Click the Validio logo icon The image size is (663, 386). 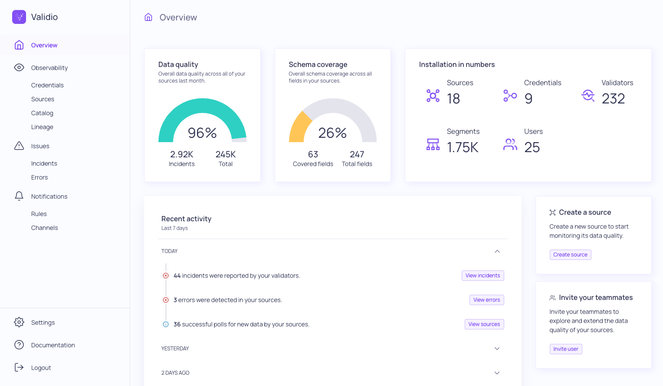(19, 17)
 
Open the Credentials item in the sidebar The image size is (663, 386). (47, 85)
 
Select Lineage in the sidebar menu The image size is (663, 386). (42, 127)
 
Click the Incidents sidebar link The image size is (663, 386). (44, 163)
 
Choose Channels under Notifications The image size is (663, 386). (44, 228)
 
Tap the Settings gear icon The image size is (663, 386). (19, 322)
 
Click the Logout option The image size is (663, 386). (41, 368)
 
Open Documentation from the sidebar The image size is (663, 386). (53, 345)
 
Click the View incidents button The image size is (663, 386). (482, 276)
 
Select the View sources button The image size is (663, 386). (484, 324)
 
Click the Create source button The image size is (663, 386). (570, 255)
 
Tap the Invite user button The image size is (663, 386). (565, 349)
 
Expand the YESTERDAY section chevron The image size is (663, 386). (497, 349)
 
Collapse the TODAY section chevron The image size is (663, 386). (497, 251)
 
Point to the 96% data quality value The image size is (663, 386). (202, 133)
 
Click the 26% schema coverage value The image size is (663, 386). (332, 133)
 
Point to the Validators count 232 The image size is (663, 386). (613, 99)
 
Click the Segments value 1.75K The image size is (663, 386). (463, 147)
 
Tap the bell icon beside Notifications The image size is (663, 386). (19, 196)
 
